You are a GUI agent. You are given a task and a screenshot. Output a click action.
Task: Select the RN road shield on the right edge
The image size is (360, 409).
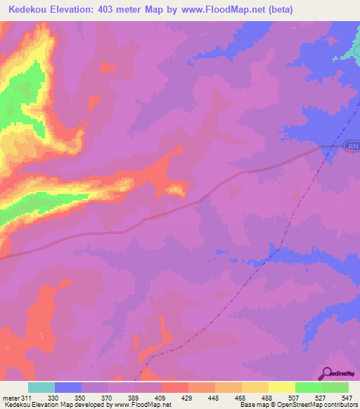[x=352, y=146]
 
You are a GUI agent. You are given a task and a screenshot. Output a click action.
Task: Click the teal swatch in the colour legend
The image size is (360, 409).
[x=41, y=387]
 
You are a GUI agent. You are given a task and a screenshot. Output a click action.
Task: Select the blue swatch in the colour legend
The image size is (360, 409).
[x=68, y=387]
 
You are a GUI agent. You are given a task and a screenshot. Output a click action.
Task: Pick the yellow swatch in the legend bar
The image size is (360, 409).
[x=282, y=387]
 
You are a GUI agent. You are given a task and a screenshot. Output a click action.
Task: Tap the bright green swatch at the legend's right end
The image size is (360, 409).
[x=335, y=387]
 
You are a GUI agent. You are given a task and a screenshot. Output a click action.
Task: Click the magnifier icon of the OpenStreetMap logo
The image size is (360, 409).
[x=327, y=372]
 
